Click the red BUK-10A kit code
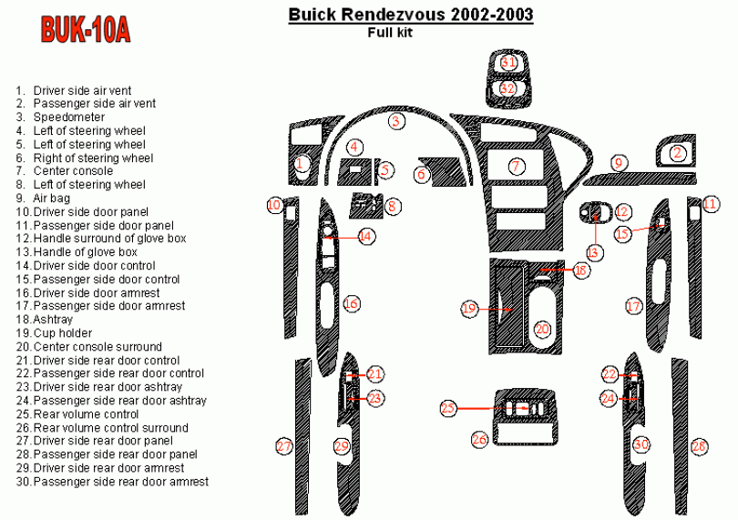coord(86,30)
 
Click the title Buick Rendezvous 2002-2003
coord(411,15)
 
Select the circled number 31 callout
coord(508,63)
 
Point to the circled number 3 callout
coord(395,121)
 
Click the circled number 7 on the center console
coord(517,167)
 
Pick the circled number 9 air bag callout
coord(619,163)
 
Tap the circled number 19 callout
coord(469,310)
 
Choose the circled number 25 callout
coord(448,408)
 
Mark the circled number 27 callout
coord(284,446)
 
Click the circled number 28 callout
coord(699,446)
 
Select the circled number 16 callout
coord(351,304)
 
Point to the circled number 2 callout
coord(677,154)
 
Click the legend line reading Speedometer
coord(68,117)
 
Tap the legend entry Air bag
coord(51,198)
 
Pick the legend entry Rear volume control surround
coord(110,428)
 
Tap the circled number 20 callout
coord(543,329)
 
